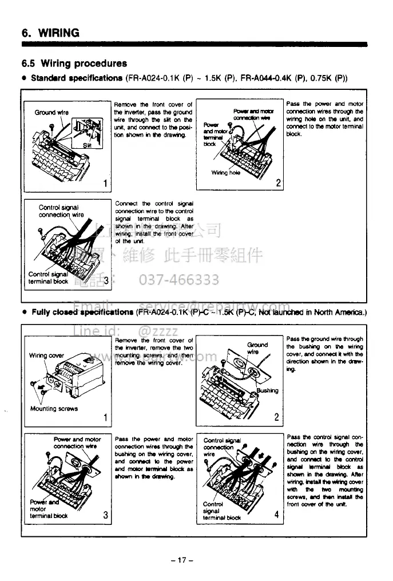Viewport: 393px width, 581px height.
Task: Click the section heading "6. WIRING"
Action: pyautogui.click(x=51, y=33)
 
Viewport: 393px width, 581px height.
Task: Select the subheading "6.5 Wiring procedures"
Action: pyautogui.click(x=74, y=63)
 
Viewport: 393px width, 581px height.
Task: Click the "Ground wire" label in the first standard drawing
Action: pyautogui.click(x=51, y=112)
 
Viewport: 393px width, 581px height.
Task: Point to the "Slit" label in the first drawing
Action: pyautogui.click(x=88, y=145)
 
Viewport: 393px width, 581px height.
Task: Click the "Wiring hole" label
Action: pyautogui.click(x=226, y=172)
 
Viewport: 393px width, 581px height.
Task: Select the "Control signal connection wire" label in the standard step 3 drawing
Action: pyautogui.click(x=61, y=211)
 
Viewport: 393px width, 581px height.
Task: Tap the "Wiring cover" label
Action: pyautogui.click(x=47, y=355)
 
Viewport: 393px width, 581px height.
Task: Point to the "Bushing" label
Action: pyautogui.click(x=267, y=390)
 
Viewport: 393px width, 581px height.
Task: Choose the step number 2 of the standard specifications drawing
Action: pyautogui.click(x=278, y=183)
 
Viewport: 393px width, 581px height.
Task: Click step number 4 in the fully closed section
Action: pyautogui.click(x=276, y=514)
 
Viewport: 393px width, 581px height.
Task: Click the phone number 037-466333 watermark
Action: pyautogui.click(x=179, y=279)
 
